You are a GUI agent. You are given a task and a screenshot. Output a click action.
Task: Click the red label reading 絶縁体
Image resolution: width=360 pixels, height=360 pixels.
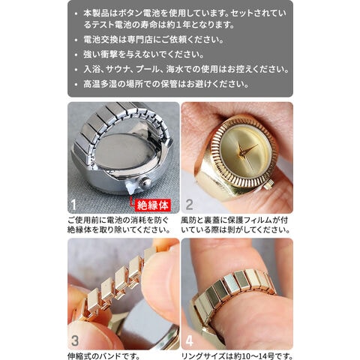(x=153, y=205)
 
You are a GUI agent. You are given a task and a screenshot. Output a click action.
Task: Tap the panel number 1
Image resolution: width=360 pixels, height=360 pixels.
(x=73, y=205)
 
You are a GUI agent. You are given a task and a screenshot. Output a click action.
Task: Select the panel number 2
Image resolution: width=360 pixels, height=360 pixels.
(x=189, y=205)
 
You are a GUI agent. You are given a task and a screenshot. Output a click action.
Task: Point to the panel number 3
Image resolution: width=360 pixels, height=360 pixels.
(x=75, y=341)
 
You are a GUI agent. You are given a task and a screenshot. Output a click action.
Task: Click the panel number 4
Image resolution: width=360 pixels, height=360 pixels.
(x=189, y=341)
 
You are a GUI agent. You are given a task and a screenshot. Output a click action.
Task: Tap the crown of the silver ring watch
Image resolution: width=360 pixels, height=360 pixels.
(x=145, y=182)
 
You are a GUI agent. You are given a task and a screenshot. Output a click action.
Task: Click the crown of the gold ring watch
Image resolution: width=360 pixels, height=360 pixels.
(x=269, y=185)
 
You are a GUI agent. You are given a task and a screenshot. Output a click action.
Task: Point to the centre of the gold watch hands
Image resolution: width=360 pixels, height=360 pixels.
(x=241, y=151)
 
